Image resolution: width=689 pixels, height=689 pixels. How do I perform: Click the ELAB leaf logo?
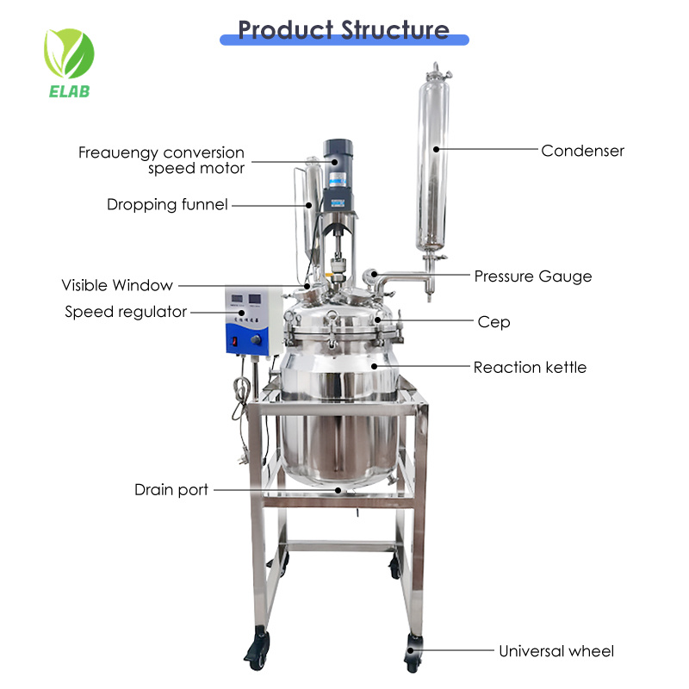tap(69, 63)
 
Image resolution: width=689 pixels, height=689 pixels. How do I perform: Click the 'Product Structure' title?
tap(344, 30)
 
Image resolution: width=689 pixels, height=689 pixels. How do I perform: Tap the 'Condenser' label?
tap(582, 151)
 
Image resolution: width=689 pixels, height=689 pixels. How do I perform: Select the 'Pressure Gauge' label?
tap(533, 276)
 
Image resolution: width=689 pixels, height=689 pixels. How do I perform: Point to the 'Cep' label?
tap(493, 322)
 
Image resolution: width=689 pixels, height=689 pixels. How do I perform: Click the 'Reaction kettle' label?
tap(530, 368)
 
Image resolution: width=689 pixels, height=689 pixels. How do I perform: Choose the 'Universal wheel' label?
tap(556, 651)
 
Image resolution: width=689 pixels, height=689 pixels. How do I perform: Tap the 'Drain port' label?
tap(171, 490)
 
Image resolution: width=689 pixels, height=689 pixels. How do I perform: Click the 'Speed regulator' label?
tap(126, 312)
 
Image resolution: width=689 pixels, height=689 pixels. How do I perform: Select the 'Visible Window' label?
tap(117, 285)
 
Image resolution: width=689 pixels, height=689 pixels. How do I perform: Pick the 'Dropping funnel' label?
tap(167, 205)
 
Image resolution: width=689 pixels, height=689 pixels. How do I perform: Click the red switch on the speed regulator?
tap(235, 341)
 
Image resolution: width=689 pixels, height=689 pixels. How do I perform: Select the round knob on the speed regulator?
tap(256, 339)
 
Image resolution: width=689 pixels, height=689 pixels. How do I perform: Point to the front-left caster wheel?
tap(258, 649)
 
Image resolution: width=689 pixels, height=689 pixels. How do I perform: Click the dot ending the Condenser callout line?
tap(437, 149)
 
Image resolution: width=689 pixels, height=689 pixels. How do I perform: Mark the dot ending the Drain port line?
tap(338, 490)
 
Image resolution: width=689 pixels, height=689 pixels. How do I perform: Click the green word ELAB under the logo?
tap(70, 91)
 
